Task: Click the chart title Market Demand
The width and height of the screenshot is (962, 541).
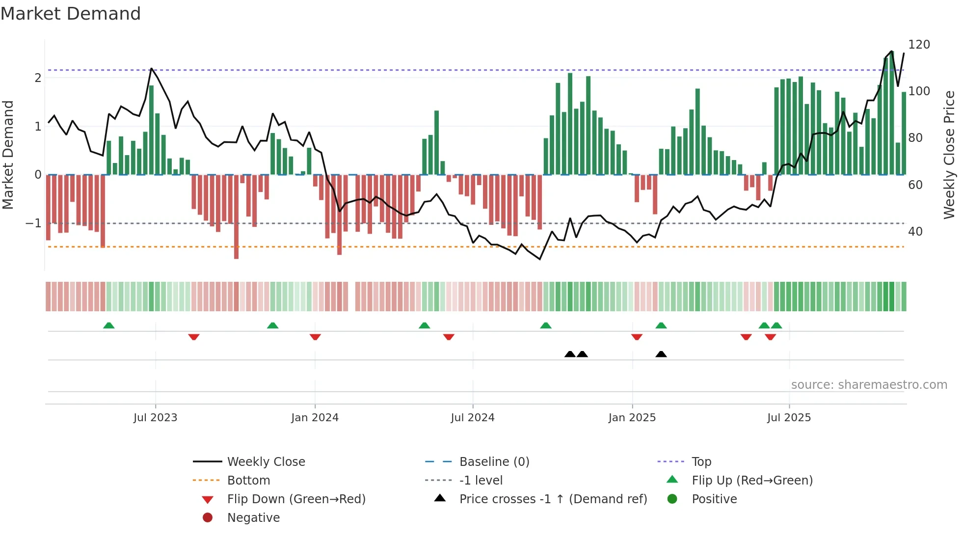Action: pos(71,14)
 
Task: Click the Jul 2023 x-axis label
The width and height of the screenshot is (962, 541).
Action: pos(155,418)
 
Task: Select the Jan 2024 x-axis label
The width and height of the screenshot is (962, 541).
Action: pos(315,418)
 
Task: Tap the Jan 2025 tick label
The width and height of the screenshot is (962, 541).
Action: pos(632,418)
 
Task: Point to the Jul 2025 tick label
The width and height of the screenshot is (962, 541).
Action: pos(789,418)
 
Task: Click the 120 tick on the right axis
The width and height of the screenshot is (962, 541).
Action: pos(919,45)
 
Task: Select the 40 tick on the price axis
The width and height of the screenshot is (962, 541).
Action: pos(915,231)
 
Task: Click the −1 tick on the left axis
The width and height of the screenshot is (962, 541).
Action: pos(33,223)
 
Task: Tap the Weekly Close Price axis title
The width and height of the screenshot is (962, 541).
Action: pos(949,155)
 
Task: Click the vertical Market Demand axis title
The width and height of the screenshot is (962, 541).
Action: pos(8,155)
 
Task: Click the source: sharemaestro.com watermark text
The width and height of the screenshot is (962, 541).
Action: pos(869,385)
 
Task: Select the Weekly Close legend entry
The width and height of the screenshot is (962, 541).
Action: pos(266,462)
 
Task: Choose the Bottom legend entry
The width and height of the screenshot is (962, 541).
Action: pos(248,481)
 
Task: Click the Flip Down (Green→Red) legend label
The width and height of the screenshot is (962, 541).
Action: pos(296,499)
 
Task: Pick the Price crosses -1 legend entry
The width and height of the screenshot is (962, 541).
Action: pos(553,499)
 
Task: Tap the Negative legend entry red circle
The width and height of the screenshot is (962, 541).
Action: pos(208,518)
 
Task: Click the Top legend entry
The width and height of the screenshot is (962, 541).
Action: pos(701,462)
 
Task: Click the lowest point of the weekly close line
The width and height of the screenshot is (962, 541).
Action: pos(540,259)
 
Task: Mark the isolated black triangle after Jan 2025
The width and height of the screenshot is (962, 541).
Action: pos(661,354)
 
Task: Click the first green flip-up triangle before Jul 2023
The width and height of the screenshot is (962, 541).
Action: pos(109,325)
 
